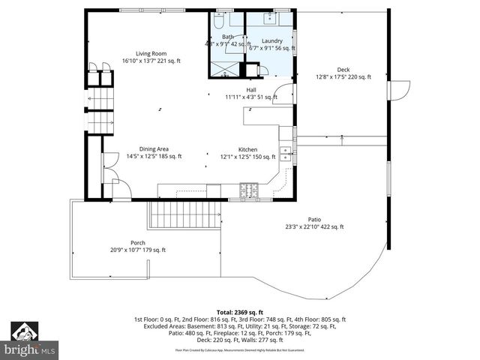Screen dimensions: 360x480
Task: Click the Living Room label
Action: pyautogui.click(x=151, y=53)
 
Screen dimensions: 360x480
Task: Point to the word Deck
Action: pyautogui.click(x=343, y=69)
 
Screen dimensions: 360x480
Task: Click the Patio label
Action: pyautogui.click(x=313, y=219)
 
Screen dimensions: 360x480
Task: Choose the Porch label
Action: pyautogui.click(x=138, y=242)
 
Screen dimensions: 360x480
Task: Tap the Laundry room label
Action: pyautogui.click(x=271, y=40)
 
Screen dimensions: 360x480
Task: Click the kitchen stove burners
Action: pyautogui.click(x=250, y=192)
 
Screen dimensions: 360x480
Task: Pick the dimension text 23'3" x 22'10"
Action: pyautogui.click(x=301, y=226)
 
